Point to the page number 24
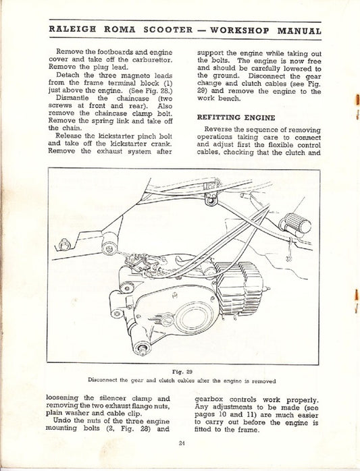182,443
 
